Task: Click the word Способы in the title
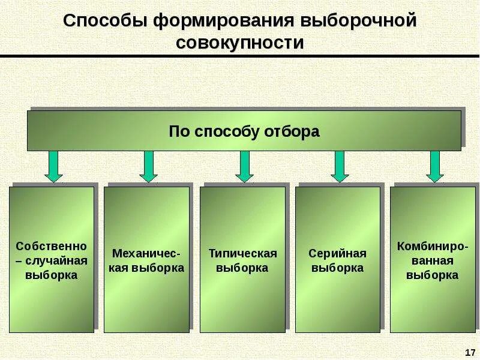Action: tap(106, 22)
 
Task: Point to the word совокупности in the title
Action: tap(240, 43)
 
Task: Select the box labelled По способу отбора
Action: tap(244, 130)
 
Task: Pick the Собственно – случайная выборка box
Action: tap(52, 259)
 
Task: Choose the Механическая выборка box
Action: tap(146, 259)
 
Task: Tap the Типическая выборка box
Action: tap(242, 259)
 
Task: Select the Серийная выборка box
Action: tap(337, 259)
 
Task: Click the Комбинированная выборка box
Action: tap(432, 259)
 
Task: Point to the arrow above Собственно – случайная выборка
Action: tap(53, 166)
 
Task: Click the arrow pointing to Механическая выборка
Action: tap(148, 166)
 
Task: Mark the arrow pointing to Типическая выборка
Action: tap(244, 166)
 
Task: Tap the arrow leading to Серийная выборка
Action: tap(340, 166)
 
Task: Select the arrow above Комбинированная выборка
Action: tap(435, 166)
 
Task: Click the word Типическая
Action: tap(242, 253)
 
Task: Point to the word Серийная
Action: tap(337, 253)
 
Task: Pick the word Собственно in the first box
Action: tap(52, 246)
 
